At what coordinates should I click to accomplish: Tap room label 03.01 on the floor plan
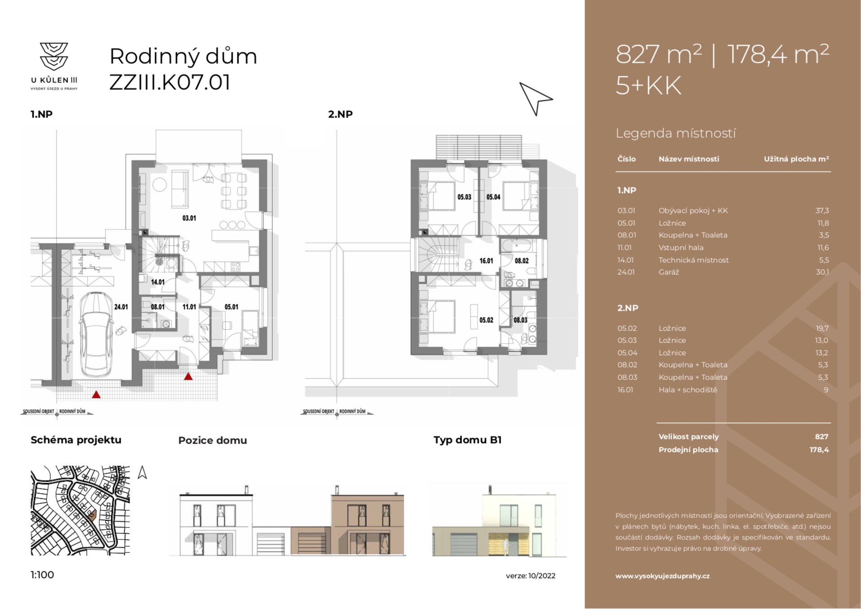(x=189, y=218)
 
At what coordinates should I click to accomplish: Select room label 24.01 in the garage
(x=121, y=307)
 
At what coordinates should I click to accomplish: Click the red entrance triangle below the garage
(x=96, y=395)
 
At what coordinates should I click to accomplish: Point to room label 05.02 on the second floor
(x=486, y=320)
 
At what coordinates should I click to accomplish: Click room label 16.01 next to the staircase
(x=486, y=261)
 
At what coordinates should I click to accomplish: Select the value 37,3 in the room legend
(x=822, y=211)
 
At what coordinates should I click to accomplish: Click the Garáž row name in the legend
(x=669, y=272)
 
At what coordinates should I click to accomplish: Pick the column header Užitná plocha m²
(x=796, y=159)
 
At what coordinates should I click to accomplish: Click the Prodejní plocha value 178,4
(x=819, y=449)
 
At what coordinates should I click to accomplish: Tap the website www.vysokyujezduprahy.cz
(x=662, y=576)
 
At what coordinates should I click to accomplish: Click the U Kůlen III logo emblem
(x=54, y=56)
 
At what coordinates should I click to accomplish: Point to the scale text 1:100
(x=42, y=575)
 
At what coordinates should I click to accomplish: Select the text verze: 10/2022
(x=530, y=576)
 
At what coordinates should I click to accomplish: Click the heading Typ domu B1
(x=467, y=440)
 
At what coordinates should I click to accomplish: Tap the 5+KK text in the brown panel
(x=648, y=85)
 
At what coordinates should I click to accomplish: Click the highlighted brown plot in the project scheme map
(x=92, y=514)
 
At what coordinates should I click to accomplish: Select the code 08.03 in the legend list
(x=627, y=377)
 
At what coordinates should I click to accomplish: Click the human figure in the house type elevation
(x=506, y=545)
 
